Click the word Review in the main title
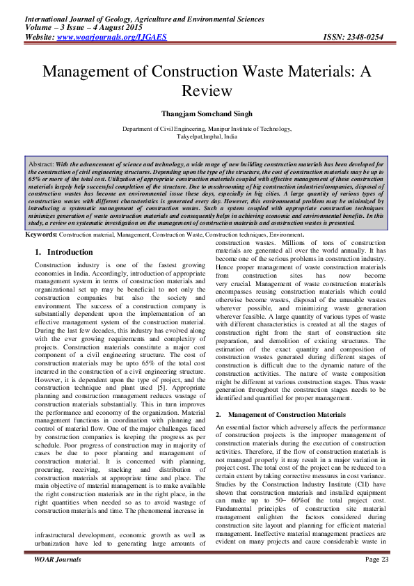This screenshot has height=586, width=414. pos(207,90)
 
